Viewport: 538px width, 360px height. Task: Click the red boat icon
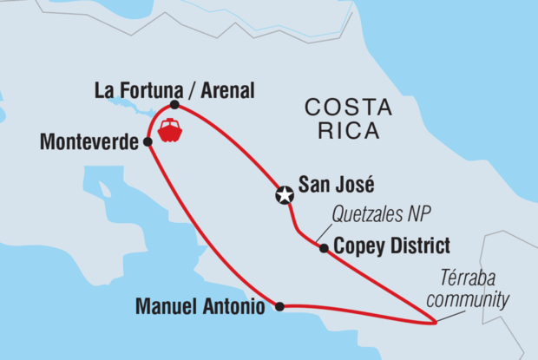click(x=170, y=132)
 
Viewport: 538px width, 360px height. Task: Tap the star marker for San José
click(x=284, y=194)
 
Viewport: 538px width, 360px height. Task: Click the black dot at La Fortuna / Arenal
click(x=174, y=105)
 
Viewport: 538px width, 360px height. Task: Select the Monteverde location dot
click(x=148, y=141)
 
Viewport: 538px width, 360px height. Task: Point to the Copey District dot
click(x=324, y=248)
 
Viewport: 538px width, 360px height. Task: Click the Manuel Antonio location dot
click(x=279, y=306)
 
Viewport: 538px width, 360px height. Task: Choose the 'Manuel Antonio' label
click(x=204, y=306)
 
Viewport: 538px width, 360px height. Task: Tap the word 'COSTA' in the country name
click(x=343, y=108)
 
